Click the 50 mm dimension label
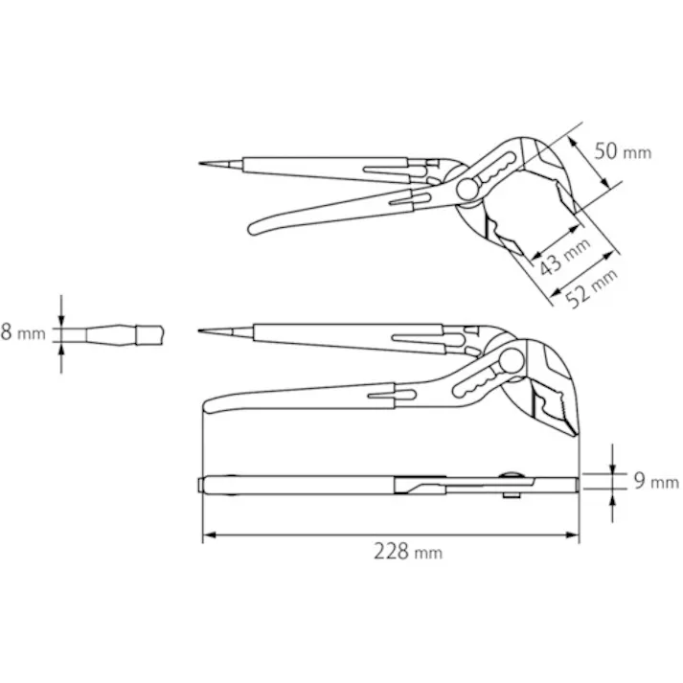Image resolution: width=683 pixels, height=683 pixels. click(x=623, y=151)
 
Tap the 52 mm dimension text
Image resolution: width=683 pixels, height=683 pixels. click(x=590, y=285)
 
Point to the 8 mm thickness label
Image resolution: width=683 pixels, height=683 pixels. click(x=23, y=333)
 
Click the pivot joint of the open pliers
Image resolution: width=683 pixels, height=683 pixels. click(x=469, y=189)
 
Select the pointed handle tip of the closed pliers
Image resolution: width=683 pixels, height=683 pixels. click(x=202, y=331)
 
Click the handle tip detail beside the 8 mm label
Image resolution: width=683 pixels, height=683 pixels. click(x=115, y=334)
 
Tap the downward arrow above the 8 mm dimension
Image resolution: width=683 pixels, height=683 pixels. click(x=62, y=317)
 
